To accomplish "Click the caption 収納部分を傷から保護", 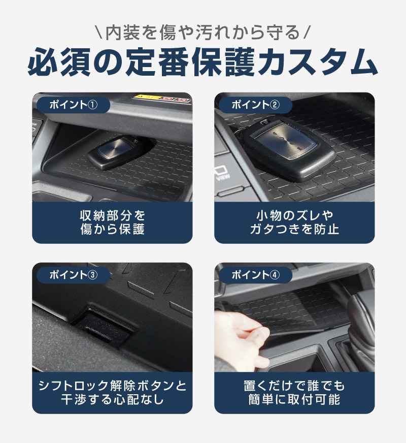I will pos(112,222).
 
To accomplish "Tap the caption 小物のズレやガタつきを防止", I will pos(294,222).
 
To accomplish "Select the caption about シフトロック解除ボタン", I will pos(112,392).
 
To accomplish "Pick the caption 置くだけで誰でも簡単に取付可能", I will pos(294,392).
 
